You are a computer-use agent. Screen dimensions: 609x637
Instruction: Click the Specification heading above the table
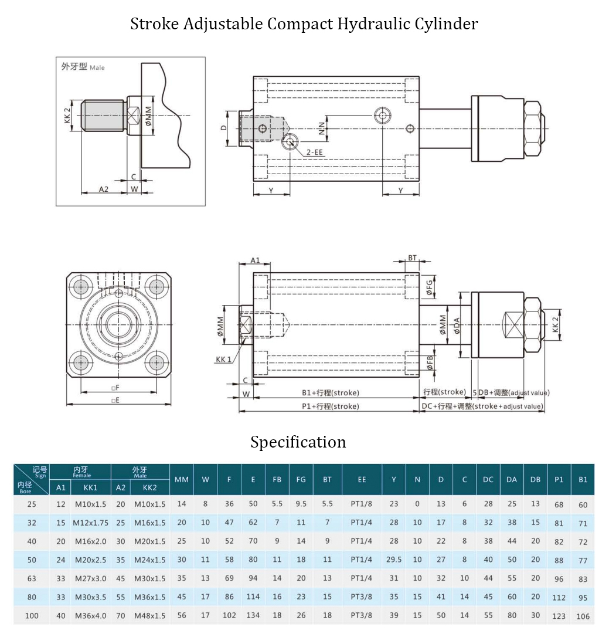[x=298, y=442]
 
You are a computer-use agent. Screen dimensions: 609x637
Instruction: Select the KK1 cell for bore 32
[x=90, y=523]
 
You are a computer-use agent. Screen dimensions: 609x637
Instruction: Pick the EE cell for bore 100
[x=361, y=615]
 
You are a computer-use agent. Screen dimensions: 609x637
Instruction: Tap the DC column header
[x=488, y=479]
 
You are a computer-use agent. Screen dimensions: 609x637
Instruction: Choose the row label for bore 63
[x=32, y=578]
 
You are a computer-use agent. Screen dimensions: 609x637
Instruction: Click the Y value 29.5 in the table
[x=394, y=560]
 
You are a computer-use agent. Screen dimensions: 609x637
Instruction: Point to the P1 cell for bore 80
[x=559, y=598]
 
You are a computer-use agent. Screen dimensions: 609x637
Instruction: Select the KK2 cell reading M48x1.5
[x=150, y=616]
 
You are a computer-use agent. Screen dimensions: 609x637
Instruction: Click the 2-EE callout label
[x=315, y=153]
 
